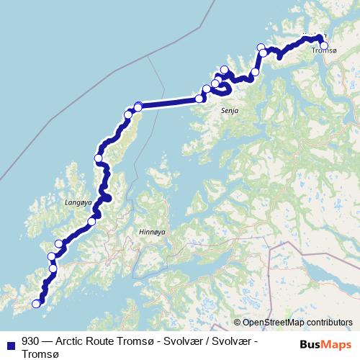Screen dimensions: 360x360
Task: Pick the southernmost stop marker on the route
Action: [x=36, y=304]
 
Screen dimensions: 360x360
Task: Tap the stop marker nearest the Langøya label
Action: [x=91, y=221]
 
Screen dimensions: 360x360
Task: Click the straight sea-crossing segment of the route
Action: [x=169, y=102]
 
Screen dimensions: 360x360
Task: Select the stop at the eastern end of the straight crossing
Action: [x=199, y=99]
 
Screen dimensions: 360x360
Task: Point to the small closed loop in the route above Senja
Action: [x=223, y=88]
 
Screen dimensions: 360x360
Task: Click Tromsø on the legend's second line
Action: [x=38, y=354]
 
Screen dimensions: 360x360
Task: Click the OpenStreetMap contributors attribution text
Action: [x=297, y=323]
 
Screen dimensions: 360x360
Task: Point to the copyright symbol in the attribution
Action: [x=237, y=323]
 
